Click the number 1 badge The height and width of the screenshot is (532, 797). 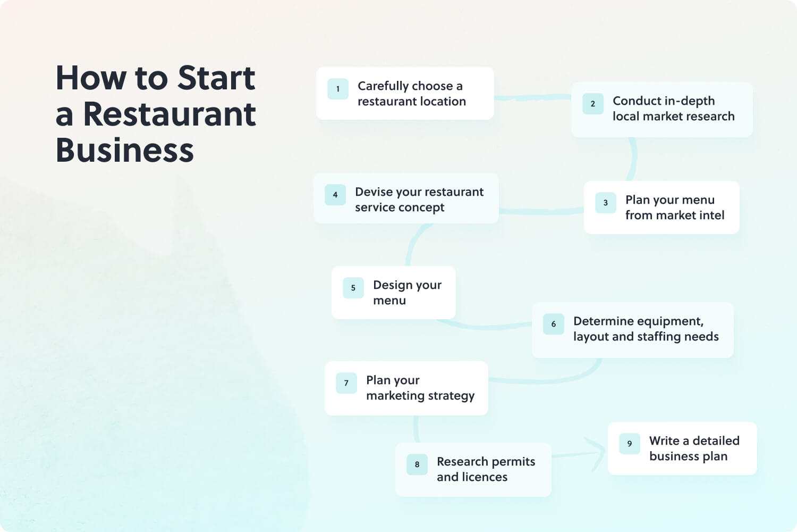[337, 89]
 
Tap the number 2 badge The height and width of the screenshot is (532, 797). [593, 104]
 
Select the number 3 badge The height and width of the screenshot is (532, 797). [606, 203]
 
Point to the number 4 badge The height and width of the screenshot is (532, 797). [335, 195]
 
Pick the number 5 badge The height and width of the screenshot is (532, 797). [353, 288]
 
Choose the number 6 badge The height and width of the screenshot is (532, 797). [554, 324]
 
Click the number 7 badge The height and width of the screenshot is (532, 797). [346, 383]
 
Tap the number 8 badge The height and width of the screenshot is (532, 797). [417, 464]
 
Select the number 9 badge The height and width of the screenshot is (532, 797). [630, 444]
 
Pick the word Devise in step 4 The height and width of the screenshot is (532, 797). [374, 192]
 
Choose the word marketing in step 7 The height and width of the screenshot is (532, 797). [395, 396]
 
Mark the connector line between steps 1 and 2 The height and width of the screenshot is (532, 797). [532, 97]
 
